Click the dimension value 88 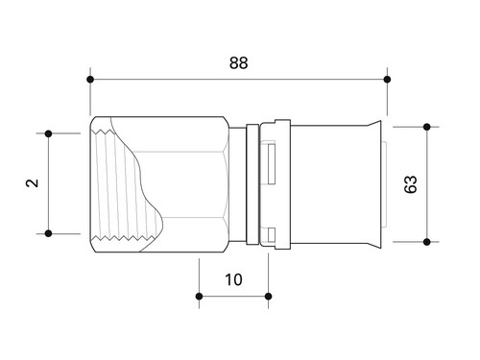click(x=239, y=63)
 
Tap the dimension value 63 click(x=411, y=184)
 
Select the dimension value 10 click(x=234, y=279)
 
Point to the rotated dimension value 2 click(x=32, y=183)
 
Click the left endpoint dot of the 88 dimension click(x=90, y=79)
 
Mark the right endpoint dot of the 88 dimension click(x=387, y=79)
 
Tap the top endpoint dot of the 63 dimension click(x=426, y=127)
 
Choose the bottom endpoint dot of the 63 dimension click(x=426, y=242)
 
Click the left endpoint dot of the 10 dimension click(x=199, y=297)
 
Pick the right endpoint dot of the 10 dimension click(x=269, y=297)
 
